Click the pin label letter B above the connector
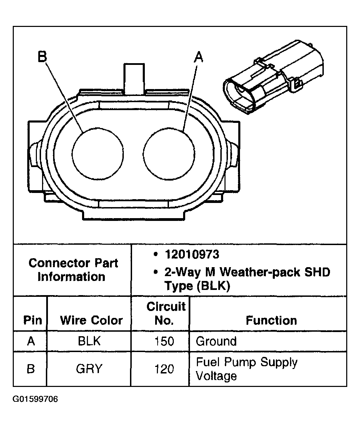tap(42, 57)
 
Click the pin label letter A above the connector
tap(198, 57)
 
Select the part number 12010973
tap(192, 255)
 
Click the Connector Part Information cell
tap(73, 270)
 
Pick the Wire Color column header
tap(91, 320)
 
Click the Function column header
tap(271, 320)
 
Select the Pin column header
tap(32, 320)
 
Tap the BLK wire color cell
tap(89, 341)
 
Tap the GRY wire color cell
tap(89, 369)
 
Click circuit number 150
tap(164, 341)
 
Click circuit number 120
tap(164, 369)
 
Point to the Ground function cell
tap(216, 341)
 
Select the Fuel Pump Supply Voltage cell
tap(246, 369)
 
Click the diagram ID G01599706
tap(36, 399)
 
